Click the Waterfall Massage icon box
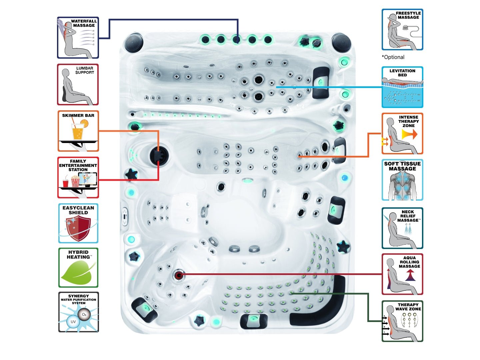tap(78, 38)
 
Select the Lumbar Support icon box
tap(78, 85)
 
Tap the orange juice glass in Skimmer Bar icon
tap(77, 131)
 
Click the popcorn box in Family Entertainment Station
tap(75, 182)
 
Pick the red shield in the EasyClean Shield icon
tap(79, 227)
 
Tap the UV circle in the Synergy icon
tap(73, 322)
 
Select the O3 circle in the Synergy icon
tap(84, 314)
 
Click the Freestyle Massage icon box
tap(402, 30)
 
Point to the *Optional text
tap(393, 57)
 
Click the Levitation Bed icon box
tap(402, 87)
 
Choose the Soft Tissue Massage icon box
tap(402, 180)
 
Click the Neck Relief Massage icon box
tap(402, 228)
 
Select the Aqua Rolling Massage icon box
tap(402, 274)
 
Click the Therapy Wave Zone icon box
tap(402, 321)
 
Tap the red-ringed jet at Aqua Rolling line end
tap(179, 275)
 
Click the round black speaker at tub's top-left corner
tap(134, 42)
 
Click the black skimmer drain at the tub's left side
tap(158, 155)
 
